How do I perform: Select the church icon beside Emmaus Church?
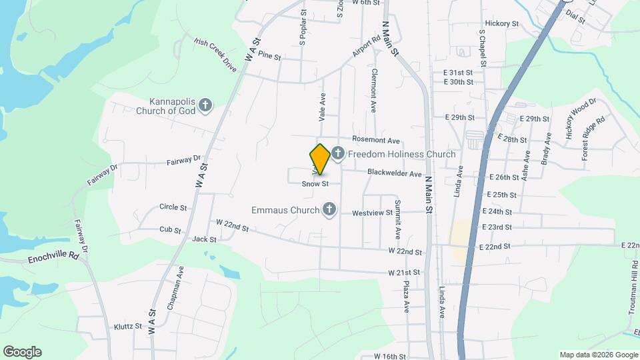click(328, 210)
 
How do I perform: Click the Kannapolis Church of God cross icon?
click(206, 105)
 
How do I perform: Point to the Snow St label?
click(315, 183)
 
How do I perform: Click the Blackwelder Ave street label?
click(395, 174)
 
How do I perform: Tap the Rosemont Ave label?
click(375, 141)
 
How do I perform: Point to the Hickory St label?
click(502, 23)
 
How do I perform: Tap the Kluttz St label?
click(128, 327)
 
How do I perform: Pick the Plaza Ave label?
click(406, 296)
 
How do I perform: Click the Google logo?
click(22, 352)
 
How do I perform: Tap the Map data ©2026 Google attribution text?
click(598, 355)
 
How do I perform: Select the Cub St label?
click(170, 229)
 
